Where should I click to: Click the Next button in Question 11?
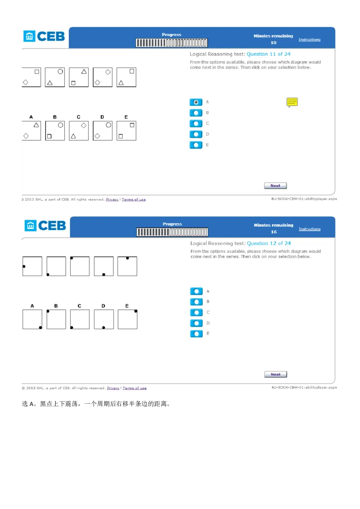coord(275,186)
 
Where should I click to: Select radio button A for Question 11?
coord(196,102)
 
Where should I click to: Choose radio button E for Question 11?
coord(196,145)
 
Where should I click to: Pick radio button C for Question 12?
coord(196,313)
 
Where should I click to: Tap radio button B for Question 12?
coord(196,302)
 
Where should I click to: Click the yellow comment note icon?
coord(292,102)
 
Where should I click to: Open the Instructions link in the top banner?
coord(310,40)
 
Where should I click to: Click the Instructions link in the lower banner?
coord(310,229)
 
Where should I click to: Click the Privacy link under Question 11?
coord(112,199)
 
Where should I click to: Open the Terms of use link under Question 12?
coord(135,388)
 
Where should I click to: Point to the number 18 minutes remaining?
coord(274,43)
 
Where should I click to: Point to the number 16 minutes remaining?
coord(274,232)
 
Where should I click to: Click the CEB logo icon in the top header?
coord(29,36)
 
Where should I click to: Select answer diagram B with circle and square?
coord(55,131)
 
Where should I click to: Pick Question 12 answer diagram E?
coord(127,319)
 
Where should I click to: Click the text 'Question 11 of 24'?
coord(268,54)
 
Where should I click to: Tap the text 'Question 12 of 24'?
coord(269,243)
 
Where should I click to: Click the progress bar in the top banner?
coord(171,43)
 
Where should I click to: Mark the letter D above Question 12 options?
coord(103,306)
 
